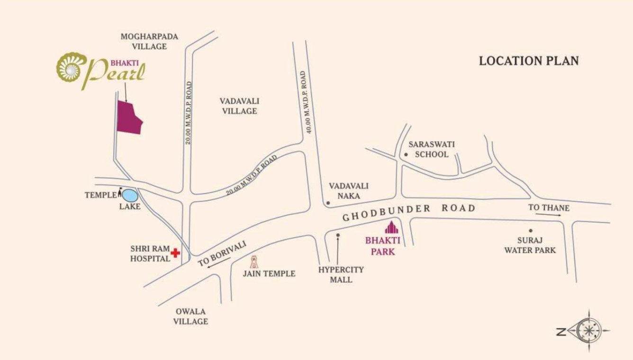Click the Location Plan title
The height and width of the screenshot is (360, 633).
[529, 61]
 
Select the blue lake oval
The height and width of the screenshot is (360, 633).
[130, 195]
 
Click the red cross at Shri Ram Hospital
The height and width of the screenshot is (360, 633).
[176, 253]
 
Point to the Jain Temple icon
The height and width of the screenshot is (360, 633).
[254, 261]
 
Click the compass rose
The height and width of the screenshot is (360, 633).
[588, 331]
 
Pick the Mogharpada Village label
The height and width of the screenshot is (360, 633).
[143, 41]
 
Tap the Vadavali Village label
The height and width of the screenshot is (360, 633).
[239, 106]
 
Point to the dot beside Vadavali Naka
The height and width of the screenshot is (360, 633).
[327, 203]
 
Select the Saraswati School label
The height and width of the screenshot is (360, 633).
[432, 148]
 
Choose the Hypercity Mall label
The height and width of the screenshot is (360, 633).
[341, 274]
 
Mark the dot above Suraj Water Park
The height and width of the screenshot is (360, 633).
[531, 231]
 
